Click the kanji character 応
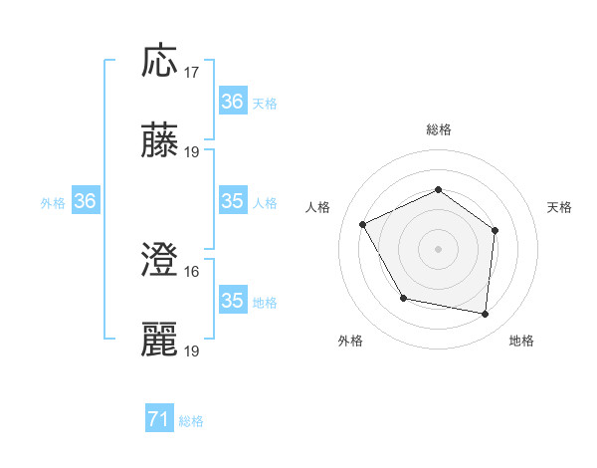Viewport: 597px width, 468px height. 160,61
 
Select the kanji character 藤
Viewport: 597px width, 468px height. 160,141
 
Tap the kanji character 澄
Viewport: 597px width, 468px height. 160,261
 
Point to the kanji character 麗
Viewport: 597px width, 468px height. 160,341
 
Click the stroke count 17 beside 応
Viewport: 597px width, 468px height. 192,73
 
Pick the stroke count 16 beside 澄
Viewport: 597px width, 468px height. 192,272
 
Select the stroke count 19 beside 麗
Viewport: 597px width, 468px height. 192,351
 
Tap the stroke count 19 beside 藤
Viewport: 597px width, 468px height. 192,152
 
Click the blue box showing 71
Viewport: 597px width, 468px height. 159,420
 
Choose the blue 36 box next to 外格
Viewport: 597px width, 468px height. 86,201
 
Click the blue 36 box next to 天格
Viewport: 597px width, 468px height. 233,102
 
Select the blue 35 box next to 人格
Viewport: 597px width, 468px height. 233,201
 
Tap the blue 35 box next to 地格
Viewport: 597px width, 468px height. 233,301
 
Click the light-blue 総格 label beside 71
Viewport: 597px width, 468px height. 191,421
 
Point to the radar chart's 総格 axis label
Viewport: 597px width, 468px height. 438,129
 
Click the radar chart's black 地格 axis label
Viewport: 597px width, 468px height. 521,342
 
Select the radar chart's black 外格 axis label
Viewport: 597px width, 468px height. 350,342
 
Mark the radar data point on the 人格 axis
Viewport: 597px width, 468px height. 363,225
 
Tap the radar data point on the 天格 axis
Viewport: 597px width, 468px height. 496,230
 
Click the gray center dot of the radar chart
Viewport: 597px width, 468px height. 438,249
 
